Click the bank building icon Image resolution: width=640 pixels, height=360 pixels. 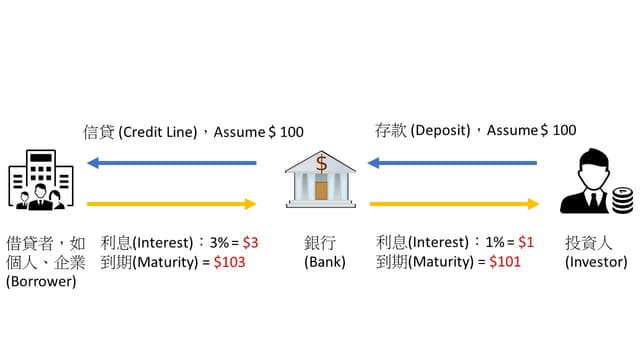[x=320, y=179]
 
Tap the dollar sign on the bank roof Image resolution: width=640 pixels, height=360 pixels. [x=321, y=163]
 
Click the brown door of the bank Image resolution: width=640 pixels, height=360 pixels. [x=321, y=191]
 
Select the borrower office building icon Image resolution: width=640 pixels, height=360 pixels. [x=41, y=180]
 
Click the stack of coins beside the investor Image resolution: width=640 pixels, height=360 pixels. [x=622, y=200]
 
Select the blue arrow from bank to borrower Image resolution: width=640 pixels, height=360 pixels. [x=172, y=163]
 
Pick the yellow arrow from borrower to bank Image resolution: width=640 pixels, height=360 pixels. [x=171, y=204]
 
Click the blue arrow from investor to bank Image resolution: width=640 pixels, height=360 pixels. [x=452, y=163]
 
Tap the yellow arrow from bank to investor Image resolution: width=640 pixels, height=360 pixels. [x=454, y=204]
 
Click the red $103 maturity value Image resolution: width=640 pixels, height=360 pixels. [x=229, y=262]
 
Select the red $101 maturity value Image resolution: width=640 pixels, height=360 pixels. [x=505, y=261]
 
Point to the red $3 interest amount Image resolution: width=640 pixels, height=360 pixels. [x=250, y=243]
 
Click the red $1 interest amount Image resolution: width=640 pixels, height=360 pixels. [x=526, y=242]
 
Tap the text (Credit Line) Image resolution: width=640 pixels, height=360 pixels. [x=158, y=132]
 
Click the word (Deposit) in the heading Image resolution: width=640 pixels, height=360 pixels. [x=440, y=130]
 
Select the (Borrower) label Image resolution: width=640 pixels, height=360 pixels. [x=41, y=281]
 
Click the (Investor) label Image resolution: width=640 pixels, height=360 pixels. [x=596, y=262]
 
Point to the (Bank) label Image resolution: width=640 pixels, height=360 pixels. [x=325, y=262]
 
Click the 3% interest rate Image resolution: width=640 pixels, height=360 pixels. [x=219, y=243]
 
